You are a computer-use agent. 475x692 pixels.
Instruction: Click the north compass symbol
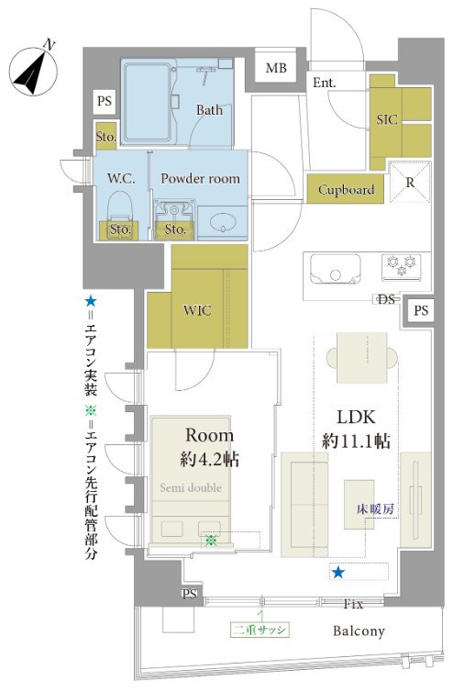click(33, 71)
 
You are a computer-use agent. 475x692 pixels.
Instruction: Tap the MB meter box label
click(276, 68)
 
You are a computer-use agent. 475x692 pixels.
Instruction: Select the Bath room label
click(209, 109)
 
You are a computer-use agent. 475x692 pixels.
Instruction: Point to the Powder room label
click(200, 178)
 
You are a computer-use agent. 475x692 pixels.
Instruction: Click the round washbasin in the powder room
click(223, 221)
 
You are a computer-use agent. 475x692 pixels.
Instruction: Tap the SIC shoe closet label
click(386, 119)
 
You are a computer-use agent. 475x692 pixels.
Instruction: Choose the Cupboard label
click(347, 190)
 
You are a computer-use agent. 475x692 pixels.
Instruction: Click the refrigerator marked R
click(410, 182)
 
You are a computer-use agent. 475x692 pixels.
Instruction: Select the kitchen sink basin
click(336, 268)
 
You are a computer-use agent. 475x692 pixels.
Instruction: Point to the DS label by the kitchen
click(386, 300)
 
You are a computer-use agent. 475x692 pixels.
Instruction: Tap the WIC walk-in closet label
click(197, 310)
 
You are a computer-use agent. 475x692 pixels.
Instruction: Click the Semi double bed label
click(191, 487)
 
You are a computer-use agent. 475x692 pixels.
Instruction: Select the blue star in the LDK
click(338, 573)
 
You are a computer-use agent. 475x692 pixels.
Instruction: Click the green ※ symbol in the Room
click(211, 541)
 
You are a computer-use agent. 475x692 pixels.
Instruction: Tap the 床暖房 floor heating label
click(375, 509)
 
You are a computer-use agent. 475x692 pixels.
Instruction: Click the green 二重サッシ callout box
click(260, 630)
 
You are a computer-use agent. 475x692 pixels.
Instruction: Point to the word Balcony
click(359, 631)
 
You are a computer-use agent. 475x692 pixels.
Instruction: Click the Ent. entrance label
click(325, 83)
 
